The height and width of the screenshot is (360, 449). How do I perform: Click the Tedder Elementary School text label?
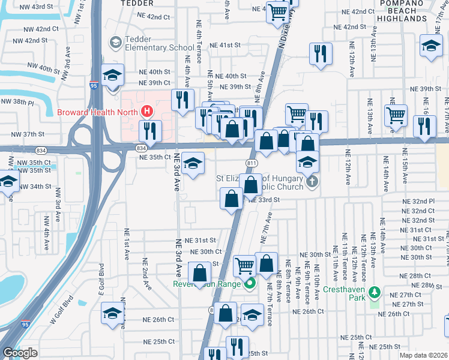159,47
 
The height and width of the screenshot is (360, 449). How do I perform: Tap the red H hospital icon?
146,112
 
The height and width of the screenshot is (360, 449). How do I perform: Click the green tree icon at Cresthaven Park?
375,292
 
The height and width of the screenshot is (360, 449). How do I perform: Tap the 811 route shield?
252,163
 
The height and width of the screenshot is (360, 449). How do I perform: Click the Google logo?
20,352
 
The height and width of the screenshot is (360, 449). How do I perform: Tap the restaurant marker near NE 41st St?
321,53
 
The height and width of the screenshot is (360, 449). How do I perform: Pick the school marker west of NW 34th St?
8,182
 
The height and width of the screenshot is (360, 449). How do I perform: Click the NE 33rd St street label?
264,200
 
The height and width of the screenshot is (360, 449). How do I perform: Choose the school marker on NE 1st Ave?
112,314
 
